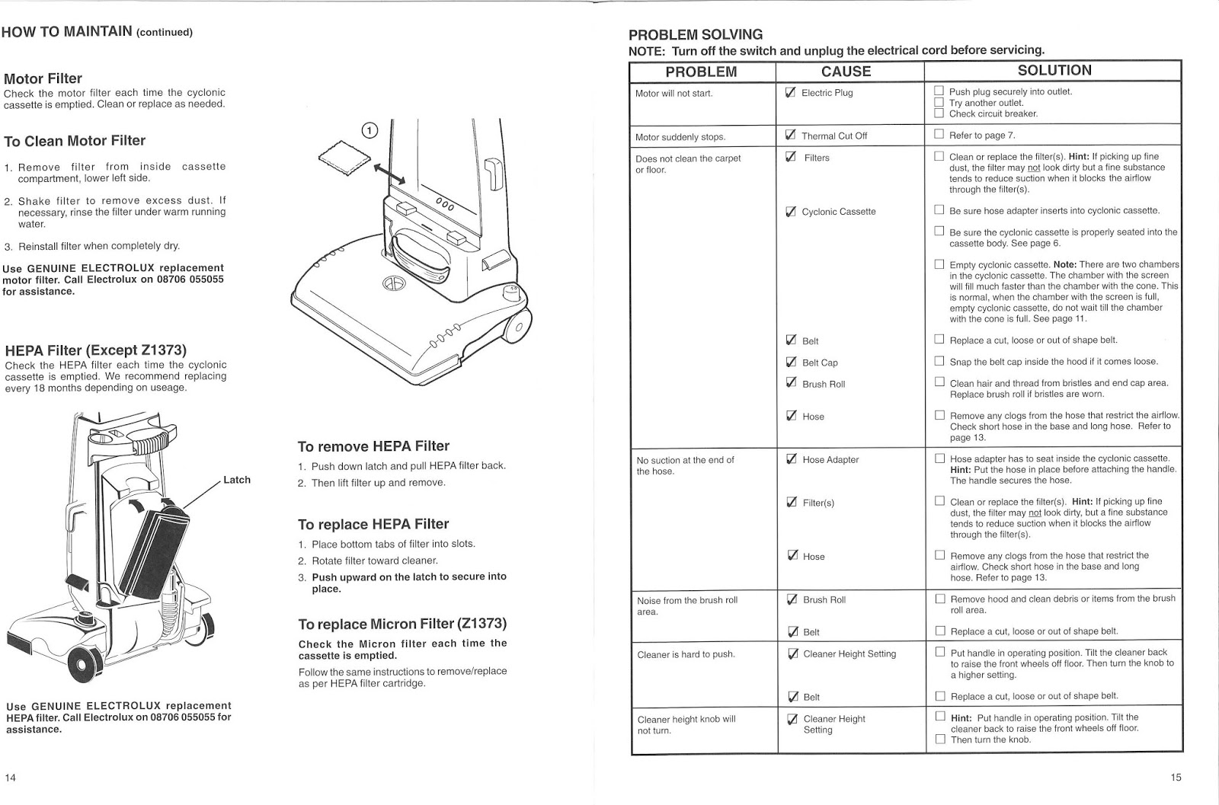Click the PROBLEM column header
[701, 72]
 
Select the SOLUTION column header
[1054, 71]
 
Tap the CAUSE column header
[846, 72]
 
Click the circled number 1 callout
[370, 130]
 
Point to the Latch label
[236, 480]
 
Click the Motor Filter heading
[43, 78]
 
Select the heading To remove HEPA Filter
[373, 446]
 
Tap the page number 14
[11, 778]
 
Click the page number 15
[1176, 778]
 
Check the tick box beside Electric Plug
[790, 93]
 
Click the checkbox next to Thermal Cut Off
[790, 136]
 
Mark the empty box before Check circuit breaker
[939, 113]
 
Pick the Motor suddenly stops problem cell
[680, 137]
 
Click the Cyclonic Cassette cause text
[838, 212]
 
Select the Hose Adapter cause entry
[830, 460]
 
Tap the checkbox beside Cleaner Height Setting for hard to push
[792, 653]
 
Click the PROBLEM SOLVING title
[695, 35]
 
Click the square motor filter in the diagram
[344, 158]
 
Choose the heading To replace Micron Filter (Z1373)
[402, 625]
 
